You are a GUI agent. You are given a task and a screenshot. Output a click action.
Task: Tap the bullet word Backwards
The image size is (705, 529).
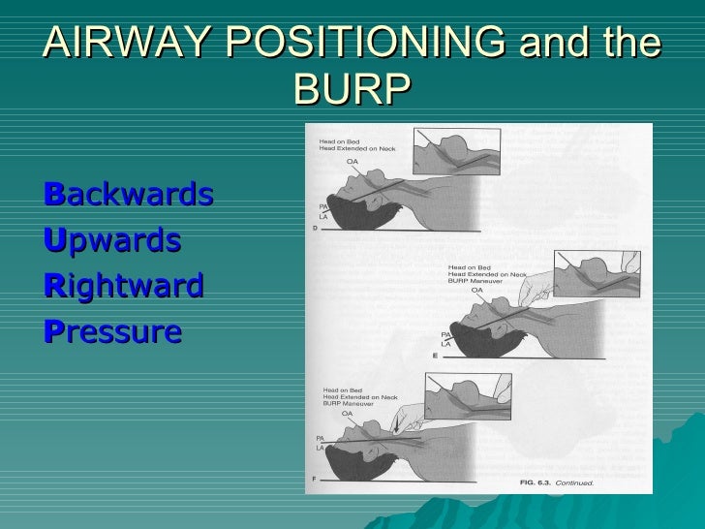pyautogui.click(x=129, y=195)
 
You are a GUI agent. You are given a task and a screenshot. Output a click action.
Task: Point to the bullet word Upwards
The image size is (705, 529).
pyautogui.click(x=112, y=240)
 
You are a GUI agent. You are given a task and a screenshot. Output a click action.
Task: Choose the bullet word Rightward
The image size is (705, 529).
pyautogui.click(x=124, y=286)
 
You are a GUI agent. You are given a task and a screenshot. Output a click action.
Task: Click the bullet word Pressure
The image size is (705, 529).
pyautogui.click(x=113, y=331)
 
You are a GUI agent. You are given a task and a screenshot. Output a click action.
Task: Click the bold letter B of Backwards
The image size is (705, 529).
pyautogui.click(x=54, y=195)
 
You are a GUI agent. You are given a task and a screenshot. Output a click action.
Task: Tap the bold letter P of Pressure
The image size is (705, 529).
pyautogui.click(x=53, y=331)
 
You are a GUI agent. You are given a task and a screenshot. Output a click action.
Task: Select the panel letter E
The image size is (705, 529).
pyautogui.click(x=435, y=357)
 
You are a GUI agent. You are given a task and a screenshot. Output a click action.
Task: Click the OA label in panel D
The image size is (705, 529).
pyautogui.click(x=352, y=162)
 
